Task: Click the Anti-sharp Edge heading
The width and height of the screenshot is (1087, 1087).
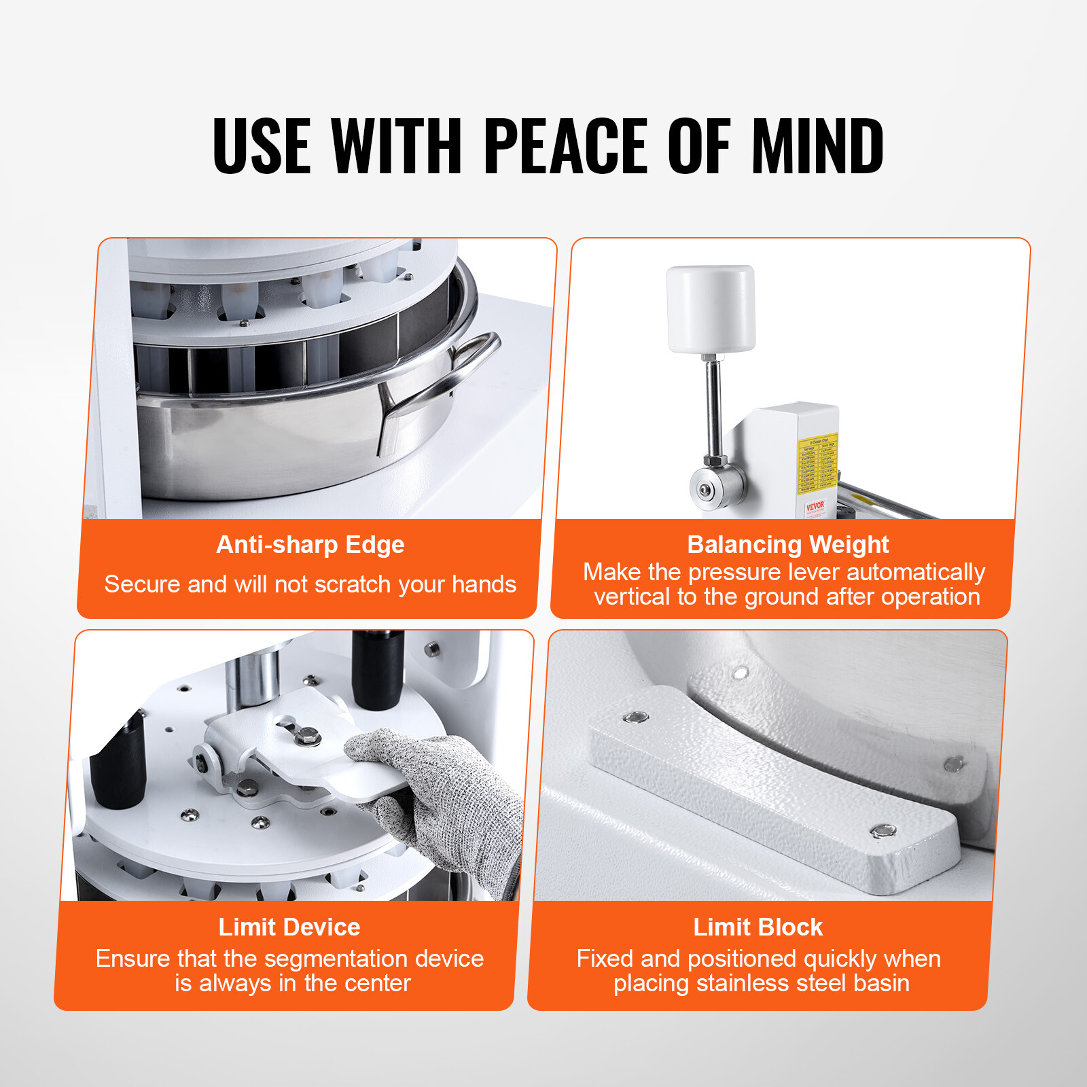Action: [310, 545]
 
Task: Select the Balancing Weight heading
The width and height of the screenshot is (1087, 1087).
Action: [787, 545]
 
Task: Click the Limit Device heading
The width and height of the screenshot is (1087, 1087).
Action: [289, 927]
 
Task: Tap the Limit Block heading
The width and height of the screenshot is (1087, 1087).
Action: [758, 927]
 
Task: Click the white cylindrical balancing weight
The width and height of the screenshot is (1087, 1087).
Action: [711, 309]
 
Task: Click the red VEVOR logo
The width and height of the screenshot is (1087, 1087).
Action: [815, 506]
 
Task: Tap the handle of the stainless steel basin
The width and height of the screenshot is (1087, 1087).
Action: [448, 380]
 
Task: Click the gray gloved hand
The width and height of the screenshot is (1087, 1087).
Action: [435, 795]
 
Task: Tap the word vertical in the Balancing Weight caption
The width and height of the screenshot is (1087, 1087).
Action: [626, 597]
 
